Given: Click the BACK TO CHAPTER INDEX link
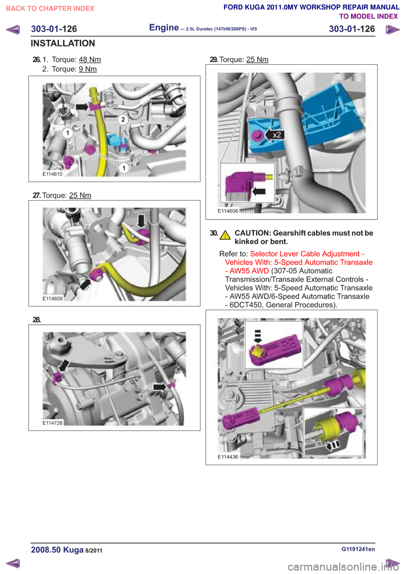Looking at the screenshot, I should pos(50,8).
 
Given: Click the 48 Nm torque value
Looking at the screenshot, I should pos(90,60).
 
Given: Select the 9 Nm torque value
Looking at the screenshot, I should pos(88,69).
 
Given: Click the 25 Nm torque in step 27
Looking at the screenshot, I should pos(80,195).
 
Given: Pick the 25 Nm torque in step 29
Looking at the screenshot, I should pos(257,60).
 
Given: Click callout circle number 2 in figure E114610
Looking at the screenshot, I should pos(123,119).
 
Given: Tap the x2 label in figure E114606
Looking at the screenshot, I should pos(277,135).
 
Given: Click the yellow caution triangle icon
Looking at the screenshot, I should pos(225,235).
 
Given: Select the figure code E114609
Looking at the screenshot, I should pos(52,299).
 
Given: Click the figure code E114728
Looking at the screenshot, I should pos(52,423).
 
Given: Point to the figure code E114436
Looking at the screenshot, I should pos(228,457).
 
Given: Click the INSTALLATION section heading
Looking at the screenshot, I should pos(63,44).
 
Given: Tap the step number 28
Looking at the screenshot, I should pos(37,320).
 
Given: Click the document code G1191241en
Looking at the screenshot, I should pos(358,549).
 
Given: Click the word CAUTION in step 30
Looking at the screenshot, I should pos(252,233).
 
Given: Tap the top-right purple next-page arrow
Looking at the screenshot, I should pos(392,30).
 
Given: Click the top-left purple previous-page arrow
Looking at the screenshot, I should pos(13,30).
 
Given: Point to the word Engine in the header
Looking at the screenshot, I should pos(164,28).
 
